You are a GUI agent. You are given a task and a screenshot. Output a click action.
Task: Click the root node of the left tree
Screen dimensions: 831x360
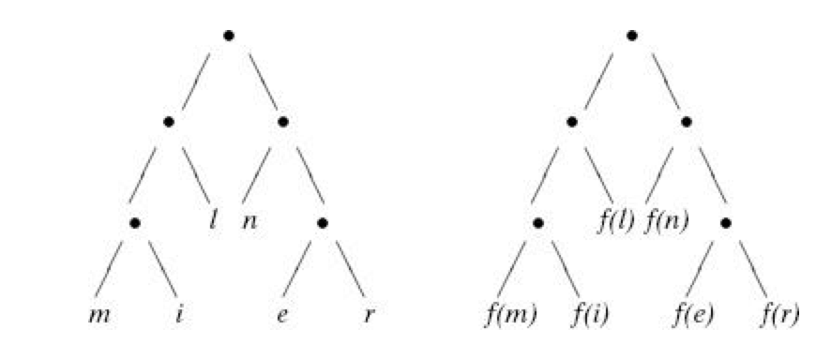click(x=228, y=36)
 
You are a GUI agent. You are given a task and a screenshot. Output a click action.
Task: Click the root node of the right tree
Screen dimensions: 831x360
click(x=632, y=36)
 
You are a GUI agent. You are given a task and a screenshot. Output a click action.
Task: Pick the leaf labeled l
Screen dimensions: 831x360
click(x=215, y=223)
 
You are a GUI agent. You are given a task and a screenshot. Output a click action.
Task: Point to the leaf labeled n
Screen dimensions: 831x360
click(x=249, y=225)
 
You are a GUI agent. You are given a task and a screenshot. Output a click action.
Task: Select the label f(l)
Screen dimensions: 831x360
click(x=616, y=223)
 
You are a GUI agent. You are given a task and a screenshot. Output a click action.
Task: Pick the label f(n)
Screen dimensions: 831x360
click(x=665, y=223)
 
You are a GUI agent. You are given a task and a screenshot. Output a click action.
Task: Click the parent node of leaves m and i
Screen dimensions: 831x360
click(x=136, y=223)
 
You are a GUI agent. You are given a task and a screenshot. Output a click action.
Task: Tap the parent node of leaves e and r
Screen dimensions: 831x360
click(x=323, y=223)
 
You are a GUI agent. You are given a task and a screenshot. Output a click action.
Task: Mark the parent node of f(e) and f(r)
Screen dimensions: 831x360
click(x=727, y=223)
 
